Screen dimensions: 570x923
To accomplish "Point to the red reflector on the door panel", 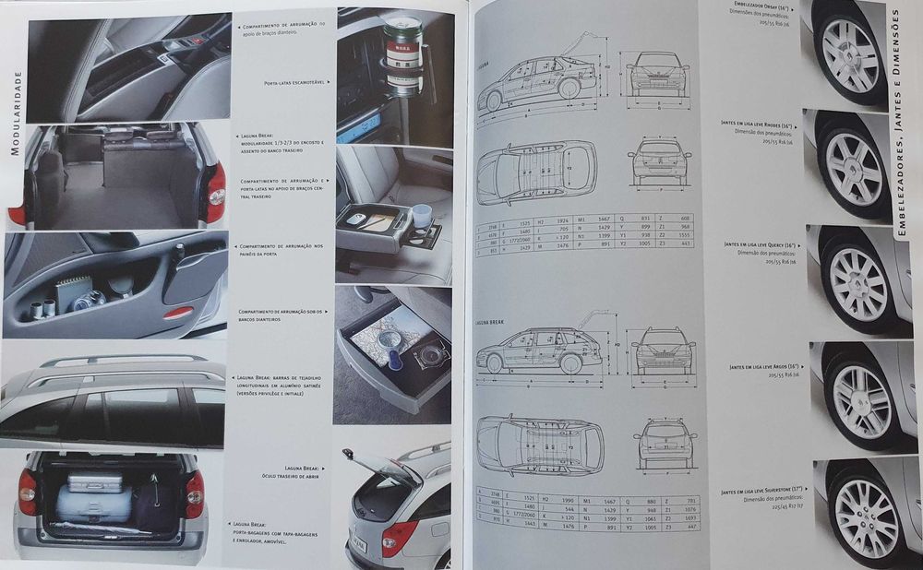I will tap(178, 312).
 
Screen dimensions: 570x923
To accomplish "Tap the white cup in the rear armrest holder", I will tap(422, 215).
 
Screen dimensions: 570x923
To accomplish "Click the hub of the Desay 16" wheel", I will tap(850, 53).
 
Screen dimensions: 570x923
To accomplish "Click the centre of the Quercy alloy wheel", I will tap(858, 280).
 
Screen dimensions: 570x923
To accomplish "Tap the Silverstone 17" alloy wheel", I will tap(866, 516).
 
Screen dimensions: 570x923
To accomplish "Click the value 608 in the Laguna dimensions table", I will tap(684, 218).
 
